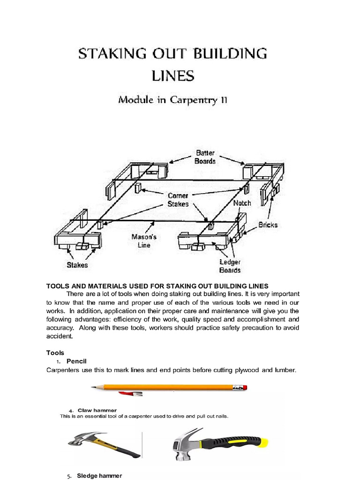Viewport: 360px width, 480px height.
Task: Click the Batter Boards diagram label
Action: [x=205, y=157]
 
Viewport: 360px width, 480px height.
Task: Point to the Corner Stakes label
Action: [x=178, y=200]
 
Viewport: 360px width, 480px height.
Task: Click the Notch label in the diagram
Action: [x=242, y=203]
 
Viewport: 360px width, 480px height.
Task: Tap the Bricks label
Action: [x=268, y=225]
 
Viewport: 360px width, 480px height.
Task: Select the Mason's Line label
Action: [x=144, y=241]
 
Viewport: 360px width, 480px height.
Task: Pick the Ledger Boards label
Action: [x=230, y=266]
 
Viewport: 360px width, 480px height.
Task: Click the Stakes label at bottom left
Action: [x=77, y=265]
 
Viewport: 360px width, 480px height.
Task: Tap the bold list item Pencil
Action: [x=77, y=361]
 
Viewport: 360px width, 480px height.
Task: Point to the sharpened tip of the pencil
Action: [x=93, y=387]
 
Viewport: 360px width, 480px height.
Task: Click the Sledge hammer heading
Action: [x=99, y=476]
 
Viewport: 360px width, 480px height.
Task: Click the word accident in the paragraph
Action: [x=59, y=336]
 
